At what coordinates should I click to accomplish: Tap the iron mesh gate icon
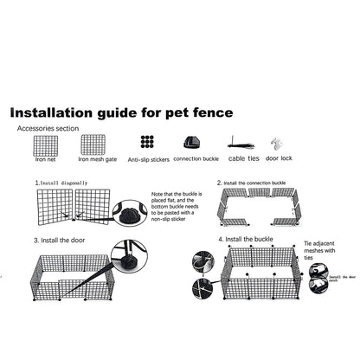[x=92, y=144]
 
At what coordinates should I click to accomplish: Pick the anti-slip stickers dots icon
[x=148, y=143]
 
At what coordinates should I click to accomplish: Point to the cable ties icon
[x=241, y=144]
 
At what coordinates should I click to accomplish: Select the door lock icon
[x=277, y=144]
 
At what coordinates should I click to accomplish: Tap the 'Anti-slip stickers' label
[x=148, y=160]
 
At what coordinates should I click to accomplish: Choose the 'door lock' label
[x=280, y=159]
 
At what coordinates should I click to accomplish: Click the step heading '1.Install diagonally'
[x=62, y=183]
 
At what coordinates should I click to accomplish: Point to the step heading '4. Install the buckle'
[x=248, y=238]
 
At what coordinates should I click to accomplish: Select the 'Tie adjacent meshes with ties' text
[x=317, y=250]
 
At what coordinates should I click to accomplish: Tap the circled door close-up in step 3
[x=129, y=256]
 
